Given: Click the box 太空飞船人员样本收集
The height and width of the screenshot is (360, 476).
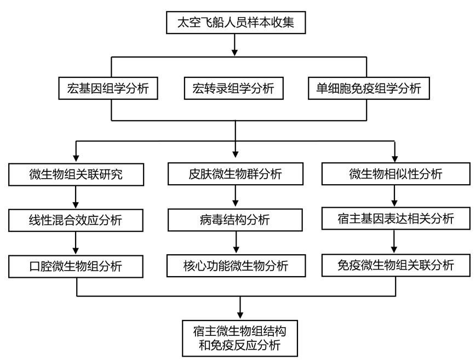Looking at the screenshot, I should pos(236,22).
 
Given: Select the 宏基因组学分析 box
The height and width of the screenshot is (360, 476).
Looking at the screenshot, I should pos(108,88).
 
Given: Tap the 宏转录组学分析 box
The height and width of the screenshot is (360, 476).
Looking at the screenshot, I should pos(233,88).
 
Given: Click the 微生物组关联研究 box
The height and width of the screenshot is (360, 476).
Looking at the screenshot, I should pos(76,174).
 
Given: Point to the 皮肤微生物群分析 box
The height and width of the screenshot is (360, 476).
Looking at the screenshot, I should pos(236,174).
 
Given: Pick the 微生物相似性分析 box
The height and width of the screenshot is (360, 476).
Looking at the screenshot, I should pos(395,174).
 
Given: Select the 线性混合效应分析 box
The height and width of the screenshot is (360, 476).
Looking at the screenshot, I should pos(76,220).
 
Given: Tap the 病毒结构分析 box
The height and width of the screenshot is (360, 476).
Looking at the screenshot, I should pos(236,220).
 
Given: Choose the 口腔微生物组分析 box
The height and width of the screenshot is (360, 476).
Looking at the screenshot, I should pos(76,266).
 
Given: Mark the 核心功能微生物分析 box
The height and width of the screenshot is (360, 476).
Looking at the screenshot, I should pos(236,266).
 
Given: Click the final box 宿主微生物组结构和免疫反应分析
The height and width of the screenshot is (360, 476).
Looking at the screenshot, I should pos(240,338).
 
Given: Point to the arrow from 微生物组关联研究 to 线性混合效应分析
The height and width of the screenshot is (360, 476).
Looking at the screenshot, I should pos(76,197).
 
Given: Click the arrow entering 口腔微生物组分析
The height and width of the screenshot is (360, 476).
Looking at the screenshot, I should pos(76,243).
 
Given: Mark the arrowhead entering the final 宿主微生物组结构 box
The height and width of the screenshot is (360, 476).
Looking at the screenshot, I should pos(240,315).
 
